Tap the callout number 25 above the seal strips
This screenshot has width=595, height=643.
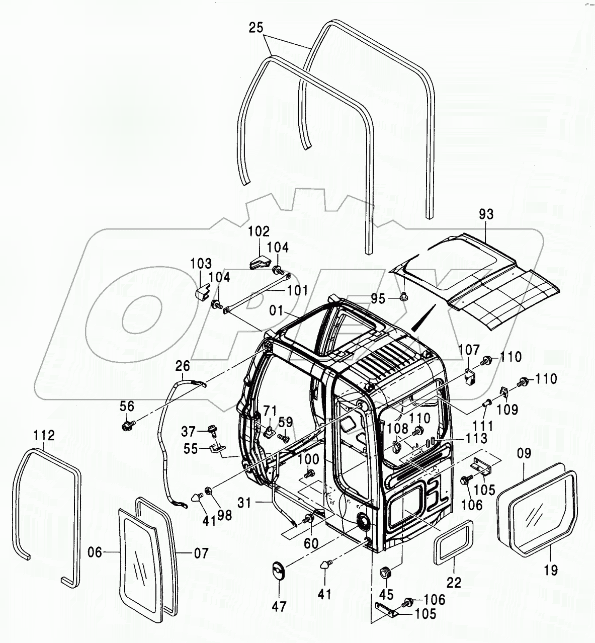(256, 28)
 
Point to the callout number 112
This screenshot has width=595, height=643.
(44, 435)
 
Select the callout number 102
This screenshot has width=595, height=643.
(259, 232)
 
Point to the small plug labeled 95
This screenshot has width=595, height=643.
(404, 296)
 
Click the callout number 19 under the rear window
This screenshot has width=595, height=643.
(551, 570)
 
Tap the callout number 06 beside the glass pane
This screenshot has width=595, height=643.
(95, 553)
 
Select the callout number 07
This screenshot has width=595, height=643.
(200, 553)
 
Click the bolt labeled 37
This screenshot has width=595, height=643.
(214, 431)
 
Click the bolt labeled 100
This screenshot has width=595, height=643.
(310, 472)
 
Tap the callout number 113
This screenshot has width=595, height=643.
(477, 438)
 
